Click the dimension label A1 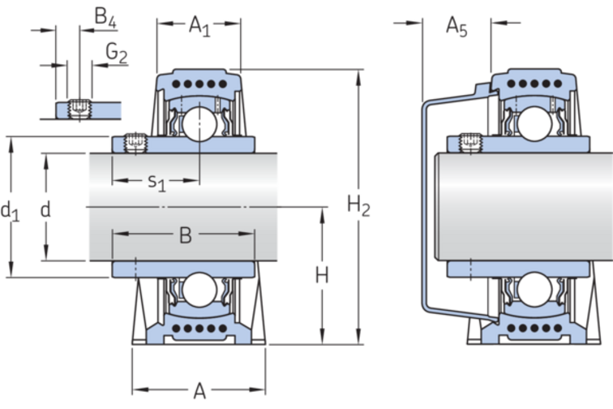[x=199, y=27]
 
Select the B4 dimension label [x=105, y=16]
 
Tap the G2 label [x=117, y=53]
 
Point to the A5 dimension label [x=457, y=27]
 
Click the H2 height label [x=358, y=206]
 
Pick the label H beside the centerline [x=322, y=276]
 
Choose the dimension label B [x=185, y=236]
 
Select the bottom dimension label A [x=199, y=392]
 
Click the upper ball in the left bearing [x=197, y=123]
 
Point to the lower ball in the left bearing [x=197, y=289]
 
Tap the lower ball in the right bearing [x=535, y=289]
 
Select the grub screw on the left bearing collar [x=135, y=143]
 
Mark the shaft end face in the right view [x=439, y=208]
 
